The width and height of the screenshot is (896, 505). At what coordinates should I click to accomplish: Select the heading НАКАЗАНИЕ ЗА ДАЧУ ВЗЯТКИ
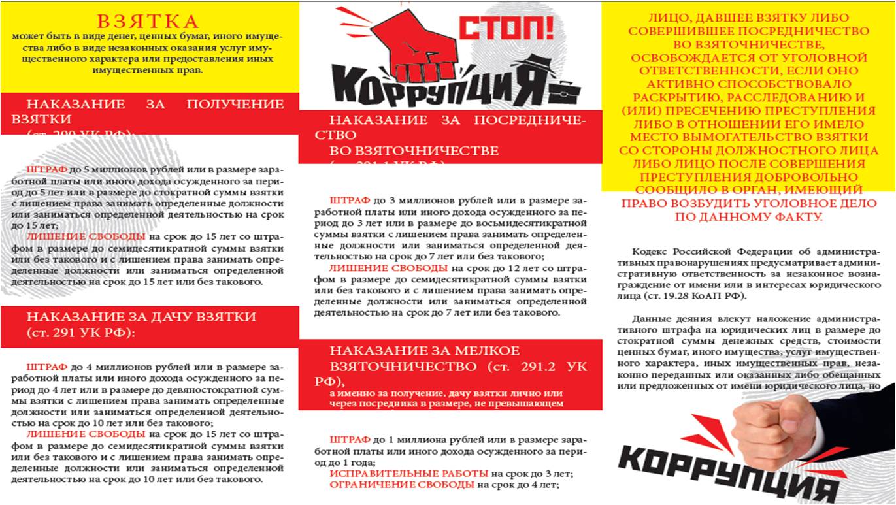point(141,317)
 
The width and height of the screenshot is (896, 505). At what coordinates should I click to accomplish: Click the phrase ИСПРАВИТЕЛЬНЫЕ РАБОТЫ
point(408,472)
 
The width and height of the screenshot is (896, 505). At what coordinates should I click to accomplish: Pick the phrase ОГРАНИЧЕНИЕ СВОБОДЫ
point(401,485)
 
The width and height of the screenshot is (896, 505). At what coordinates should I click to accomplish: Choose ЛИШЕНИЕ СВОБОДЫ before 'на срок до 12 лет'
point(388,268)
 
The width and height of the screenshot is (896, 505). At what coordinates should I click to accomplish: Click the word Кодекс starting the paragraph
point(650,252)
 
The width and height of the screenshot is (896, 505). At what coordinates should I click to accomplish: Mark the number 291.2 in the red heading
point(531,367)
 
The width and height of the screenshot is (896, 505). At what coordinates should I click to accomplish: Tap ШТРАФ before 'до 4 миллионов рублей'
point(47,367)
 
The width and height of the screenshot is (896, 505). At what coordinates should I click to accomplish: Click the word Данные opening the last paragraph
point(651,319)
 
